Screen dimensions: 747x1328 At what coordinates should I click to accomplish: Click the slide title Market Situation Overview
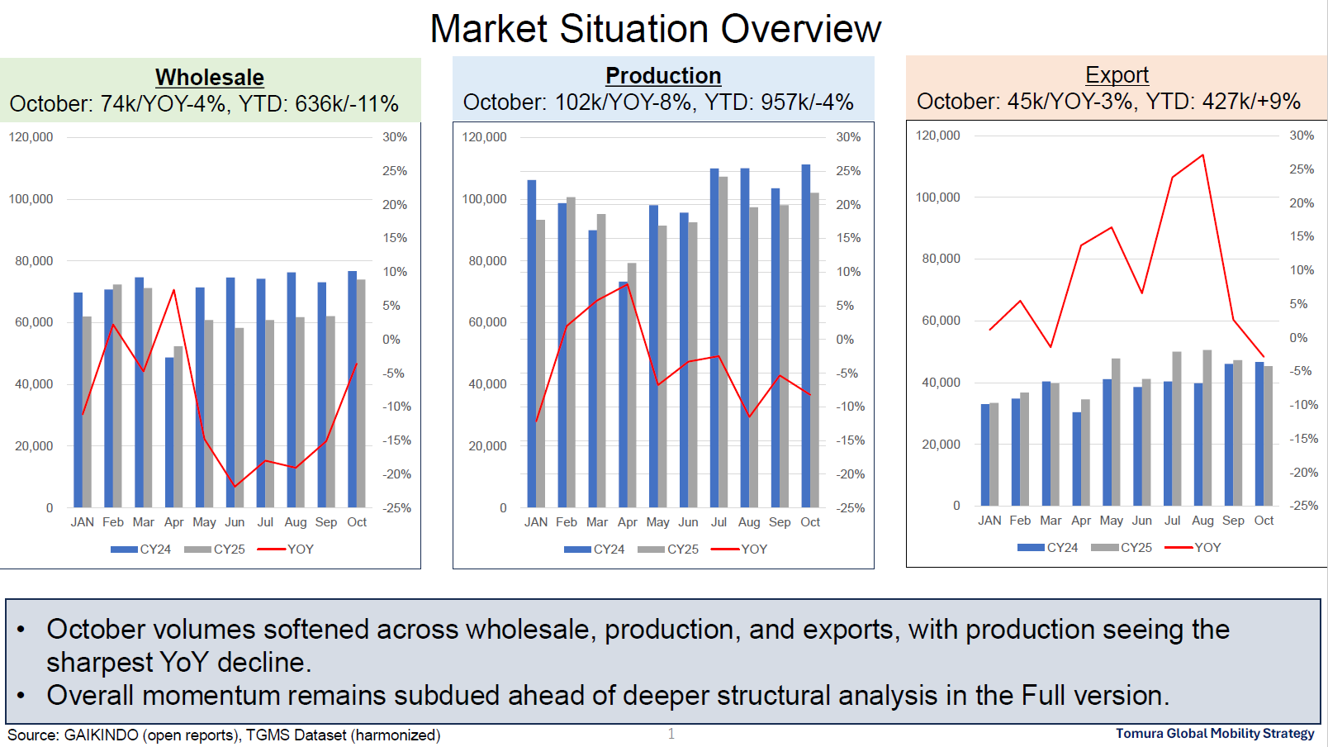tap(656, 29)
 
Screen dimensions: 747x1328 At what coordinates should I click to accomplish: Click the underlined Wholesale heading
tap(210, 77)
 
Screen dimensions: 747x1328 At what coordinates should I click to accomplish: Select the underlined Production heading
tap(663, 75)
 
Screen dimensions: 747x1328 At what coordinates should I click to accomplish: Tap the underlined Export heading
tap(1117, 74)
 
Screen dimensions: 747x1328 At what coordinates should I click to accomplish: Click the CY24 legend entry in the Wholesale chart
tap(141, 549)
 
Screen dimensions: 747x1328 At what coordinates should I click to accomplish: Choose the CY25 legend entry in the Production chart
tap(668, 549)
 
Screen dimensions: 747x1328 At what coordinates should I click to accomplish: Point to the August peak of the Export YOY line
tap(1202, 155)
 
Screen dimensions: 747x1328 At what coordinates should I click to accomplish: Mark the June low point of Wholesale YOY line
tap(235, 486)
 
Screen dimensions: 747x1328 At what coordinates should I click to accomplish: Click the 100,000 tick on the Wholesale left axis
tap(31, 199)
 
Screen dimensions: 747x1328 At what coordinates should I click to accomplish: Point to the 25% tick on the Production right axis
tap(848, 171)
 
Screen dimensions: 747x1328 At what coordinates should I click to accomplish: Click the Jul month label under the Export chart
tap(1172, 521)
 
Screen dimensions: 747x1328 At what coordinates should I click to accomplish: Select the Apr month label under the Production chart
tap(627, 522)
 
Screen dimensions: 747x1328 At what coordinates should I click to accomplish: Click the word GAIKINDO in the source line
tap(101, 735)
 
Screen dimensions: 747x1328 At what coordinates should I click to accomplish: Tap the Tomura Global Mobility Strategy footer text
tap(1214, 733)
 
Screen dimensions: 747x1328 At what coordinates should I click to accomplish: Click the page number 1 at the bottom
tap(671, 734)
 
